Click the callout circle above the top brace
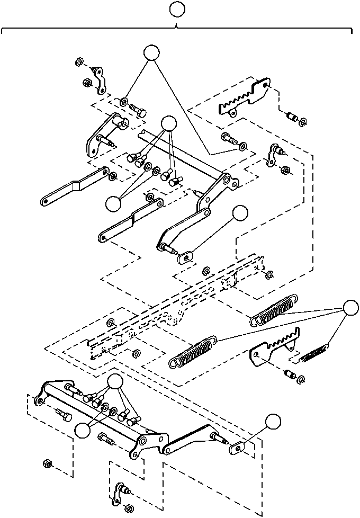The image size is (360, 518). click(177, 9)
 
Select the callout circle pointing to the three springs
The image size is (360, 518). click(350, 308)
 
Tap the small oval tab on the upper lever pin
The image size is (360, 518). click(185, 257)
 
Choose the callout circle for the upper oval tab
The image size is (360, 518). click(240, 212)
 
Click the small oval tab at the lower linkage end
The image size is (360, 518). click(237, 448)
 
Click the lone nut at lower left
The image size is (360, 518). click(47, 464)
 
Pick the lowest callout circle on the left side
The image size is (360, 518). click(83, 431)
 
